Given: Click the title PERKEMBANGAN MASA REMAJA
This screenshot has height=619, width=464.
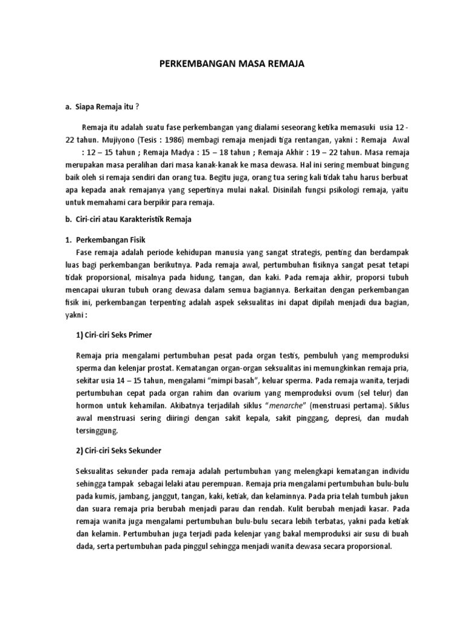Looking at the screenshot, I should tap(233, 63).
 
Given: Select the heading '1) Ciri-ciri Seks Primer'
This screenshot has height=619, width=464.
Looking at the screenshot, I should tap(115, 335).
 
